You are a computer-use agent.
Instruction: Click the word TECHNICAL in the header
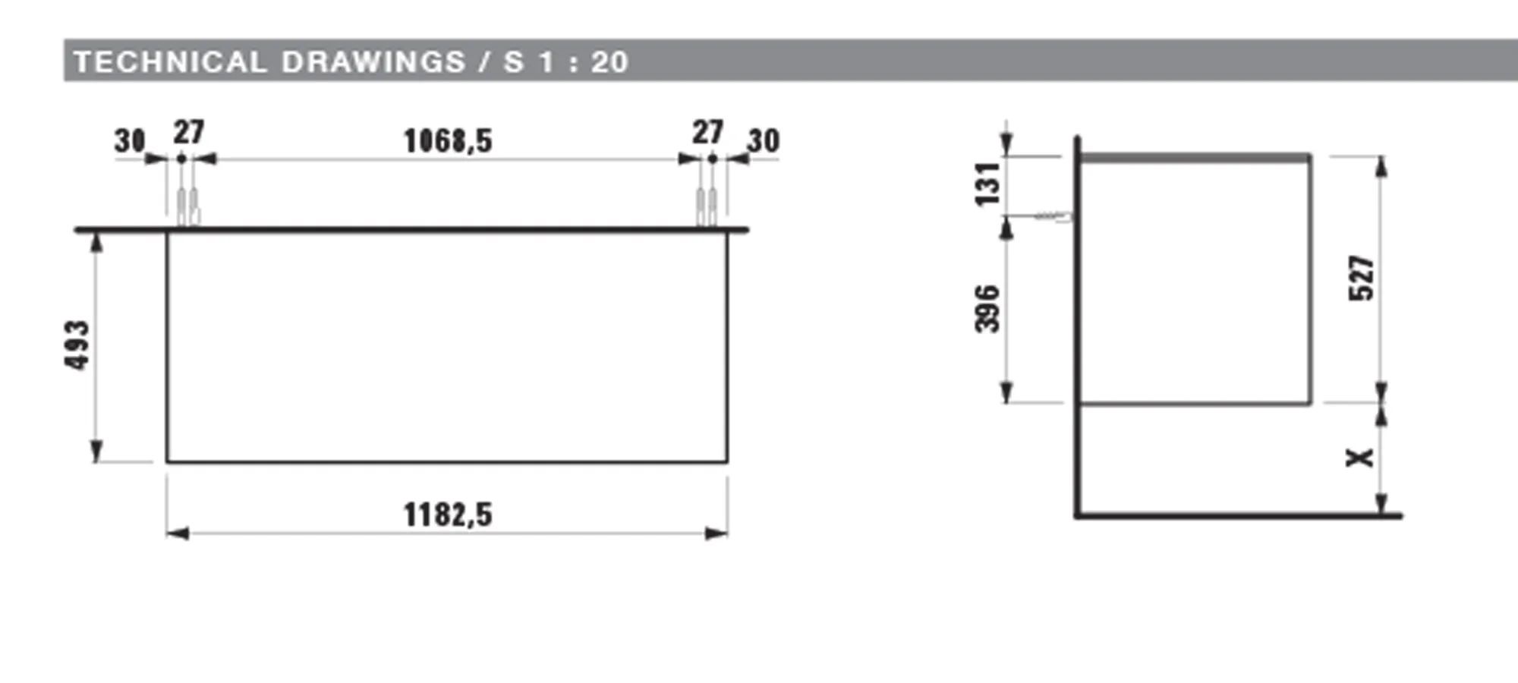click(170, 61)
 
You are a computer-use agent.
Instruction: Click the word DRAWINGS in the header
click(373, 61)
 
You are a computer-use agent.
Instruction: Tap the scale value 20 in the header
click(609, 61)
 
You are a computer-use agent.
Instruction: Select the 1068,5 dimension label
click(448, 140)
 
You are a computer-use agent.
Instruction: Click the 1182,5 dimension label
click(448, 515)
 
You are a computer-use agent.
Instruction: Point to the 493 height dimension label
click(77, 345)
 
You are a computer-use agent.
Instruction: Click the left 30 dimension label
click(130, 140)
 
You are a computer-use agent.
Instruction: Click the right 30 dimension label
click(764, 140)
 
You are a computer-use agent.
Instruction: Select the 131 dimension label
click(987, 184)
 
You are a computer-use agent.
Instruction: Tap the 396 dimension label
click(987, 309)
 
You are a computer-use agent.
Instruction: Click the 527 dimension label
click(1361, 279)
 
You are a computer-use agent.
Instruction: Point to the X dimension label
click(1359, 458)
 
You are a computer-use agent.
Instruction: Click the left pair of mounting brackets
click(187, 206)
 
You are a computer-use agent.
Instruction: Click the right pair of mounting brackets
click(707, 206)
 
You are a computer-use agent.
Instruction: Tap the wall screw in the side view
click(1053, 216)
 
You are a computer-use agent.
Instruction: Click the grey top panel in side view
click(1195, 158)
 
